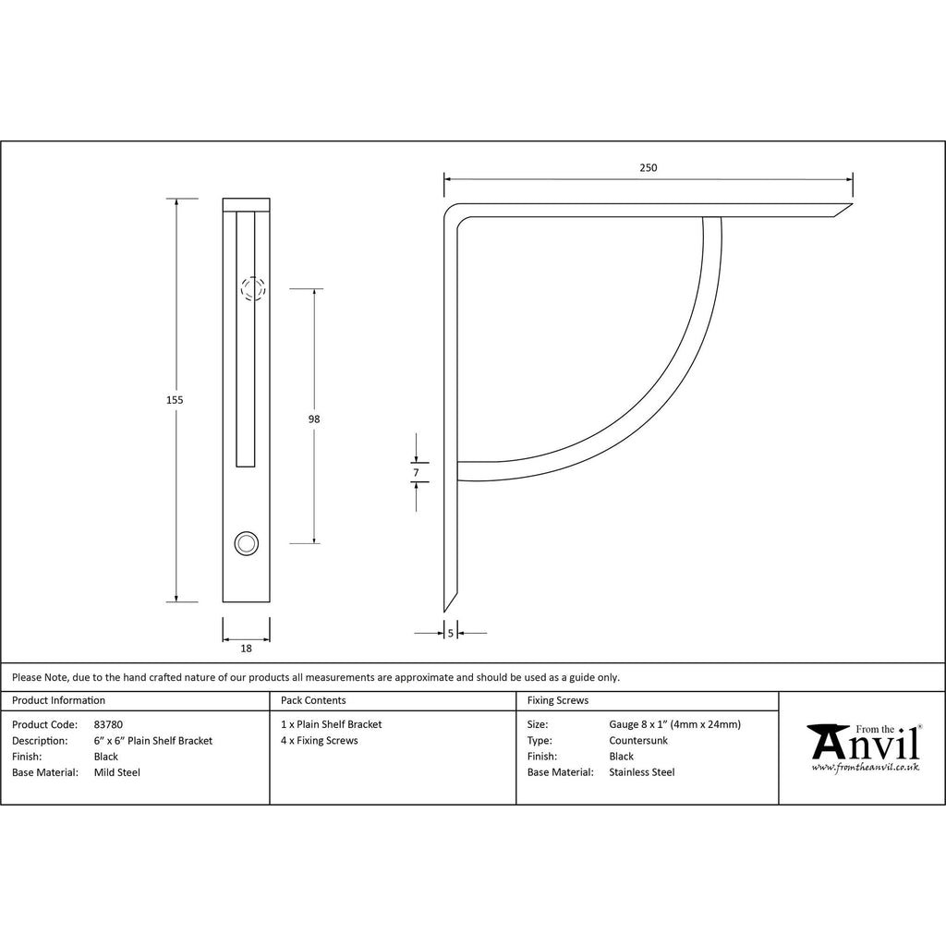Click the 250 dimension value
(648, 168)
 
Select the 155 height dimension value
(175, 399)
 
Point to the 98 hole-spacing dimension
(314, 418)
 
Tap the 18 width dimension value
(246, 649)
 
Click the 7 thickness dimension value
(416, 472)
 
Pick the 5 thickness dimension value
(450, 634)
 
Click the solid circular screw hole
(246, 543)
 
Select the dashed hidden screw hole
(253, 289)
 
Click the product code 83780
(108, 724)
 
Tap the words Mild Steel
(117, 772)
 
